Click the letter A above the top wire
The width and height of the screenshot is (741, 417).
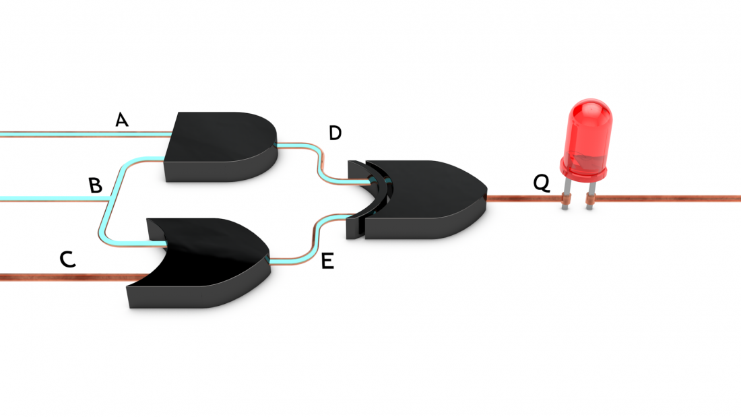pos(122,120)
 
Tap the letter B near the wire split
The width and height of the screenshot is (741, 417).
pos(96,185)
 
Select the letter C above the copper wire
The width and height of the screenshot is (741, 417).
pos(67,259)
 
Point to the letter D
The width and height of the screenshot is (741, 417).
pos(335,133)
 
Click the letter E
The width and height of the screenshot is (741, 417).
pos(327,261)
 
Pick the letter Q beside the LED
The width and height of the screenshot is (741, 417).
pos(542,183)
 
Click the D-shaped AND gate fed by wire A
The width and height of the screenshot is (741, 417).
pos(220,147)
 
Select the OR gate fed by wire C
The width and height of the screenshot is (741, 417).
pos(199,263)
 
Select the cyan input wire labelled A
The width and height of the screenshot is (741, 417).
pos(85,134)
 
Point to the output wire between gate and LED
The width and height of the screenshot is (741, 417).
pos(524,199)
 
